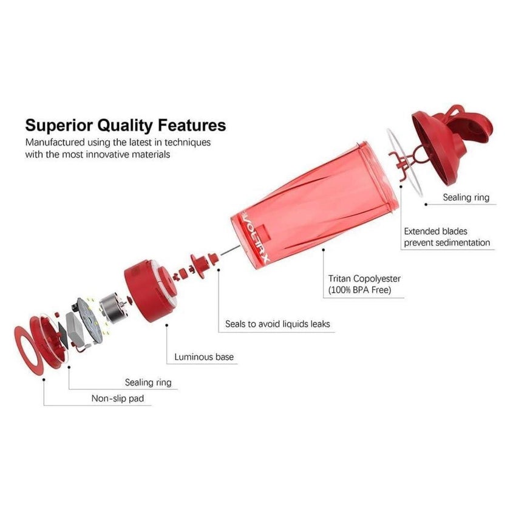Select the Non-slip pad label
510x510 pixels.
118,398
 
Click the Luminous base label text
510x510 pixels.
204,357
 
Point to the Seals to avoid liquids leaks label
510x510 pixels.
277,324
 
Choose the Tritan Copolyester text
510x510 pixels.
364,279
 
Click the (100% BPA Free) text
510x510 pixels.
359,290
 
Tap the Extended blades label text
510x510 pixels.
435,231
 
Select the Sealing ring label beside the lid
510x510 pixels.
466,197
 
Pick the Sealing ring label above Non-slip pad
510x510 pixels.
148,382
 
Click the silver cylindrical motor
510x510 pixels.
112,307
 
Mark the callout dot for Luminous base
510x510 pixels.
167,325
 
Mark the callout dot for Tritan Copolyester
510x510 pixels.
323,250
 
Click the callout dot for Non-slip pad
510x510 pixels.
44,379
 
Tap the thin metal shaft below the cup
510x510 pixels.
230,250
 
